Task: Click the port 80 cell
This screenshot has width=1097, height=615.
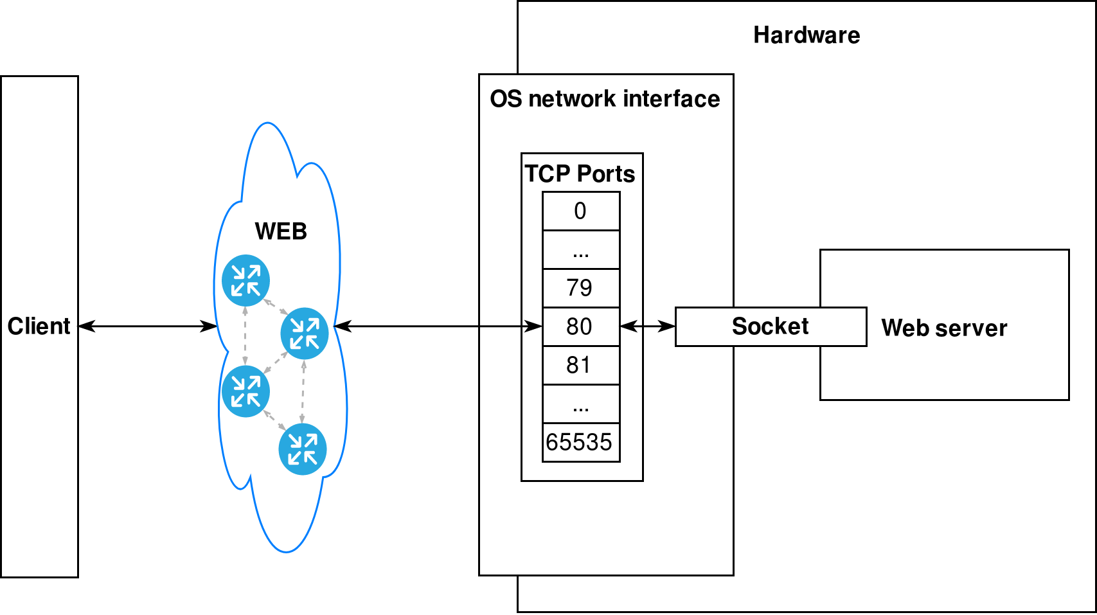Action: click(x=580, y=326)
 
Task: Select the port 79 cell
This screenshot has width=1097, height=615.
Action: click(x=580, y=288)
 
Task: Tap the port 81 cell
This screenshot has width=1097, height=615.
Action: click(x=580, y=365)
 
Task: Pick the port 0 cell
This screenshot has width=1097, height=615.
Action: click(x=580, y=211)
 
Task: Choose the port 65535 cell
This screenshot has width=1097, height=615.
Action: click(x=580, y=442)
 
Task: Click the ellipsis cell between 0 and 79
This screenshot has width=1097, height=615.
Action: click(x=580, y=249)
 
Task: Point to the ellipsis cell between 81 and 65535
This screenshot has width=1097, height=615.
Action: click(x=580, y=404)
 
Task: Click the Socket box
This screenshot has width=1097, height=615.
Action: click(x=770, y=326)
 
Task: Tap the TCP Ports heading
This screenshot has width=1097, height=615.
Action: click(x=580, y=174)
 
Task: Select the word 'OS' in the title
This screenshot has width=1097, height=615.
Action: click(x=506, y=99)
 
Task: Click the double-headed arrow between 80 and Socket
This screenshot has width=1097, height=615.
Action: click(x=648, y=326)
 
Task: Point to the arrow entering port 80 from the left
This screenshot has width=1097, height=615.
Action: click(x=511, y=326)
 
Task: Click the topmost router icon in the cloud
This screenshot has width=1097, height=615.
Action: click(x=245, y=280)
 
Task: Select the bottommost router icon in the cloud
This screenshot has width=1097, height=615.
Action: click(x=303, y=449)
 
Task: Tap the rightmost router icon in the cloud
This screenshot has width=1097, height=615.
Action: click(x=305, y=333)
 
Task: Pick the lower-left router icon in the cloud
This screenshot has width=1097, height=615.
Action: click(x=245, y=391)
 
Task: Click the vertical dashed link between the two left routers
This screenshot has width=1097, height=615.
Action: click(x=245, y=335)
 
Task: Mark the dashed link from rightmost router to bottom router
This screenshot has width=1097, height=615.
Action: click(x=303, y=391)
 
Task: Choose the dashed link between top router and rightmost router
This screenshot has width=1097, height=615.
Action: click(x=275, y=307)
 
